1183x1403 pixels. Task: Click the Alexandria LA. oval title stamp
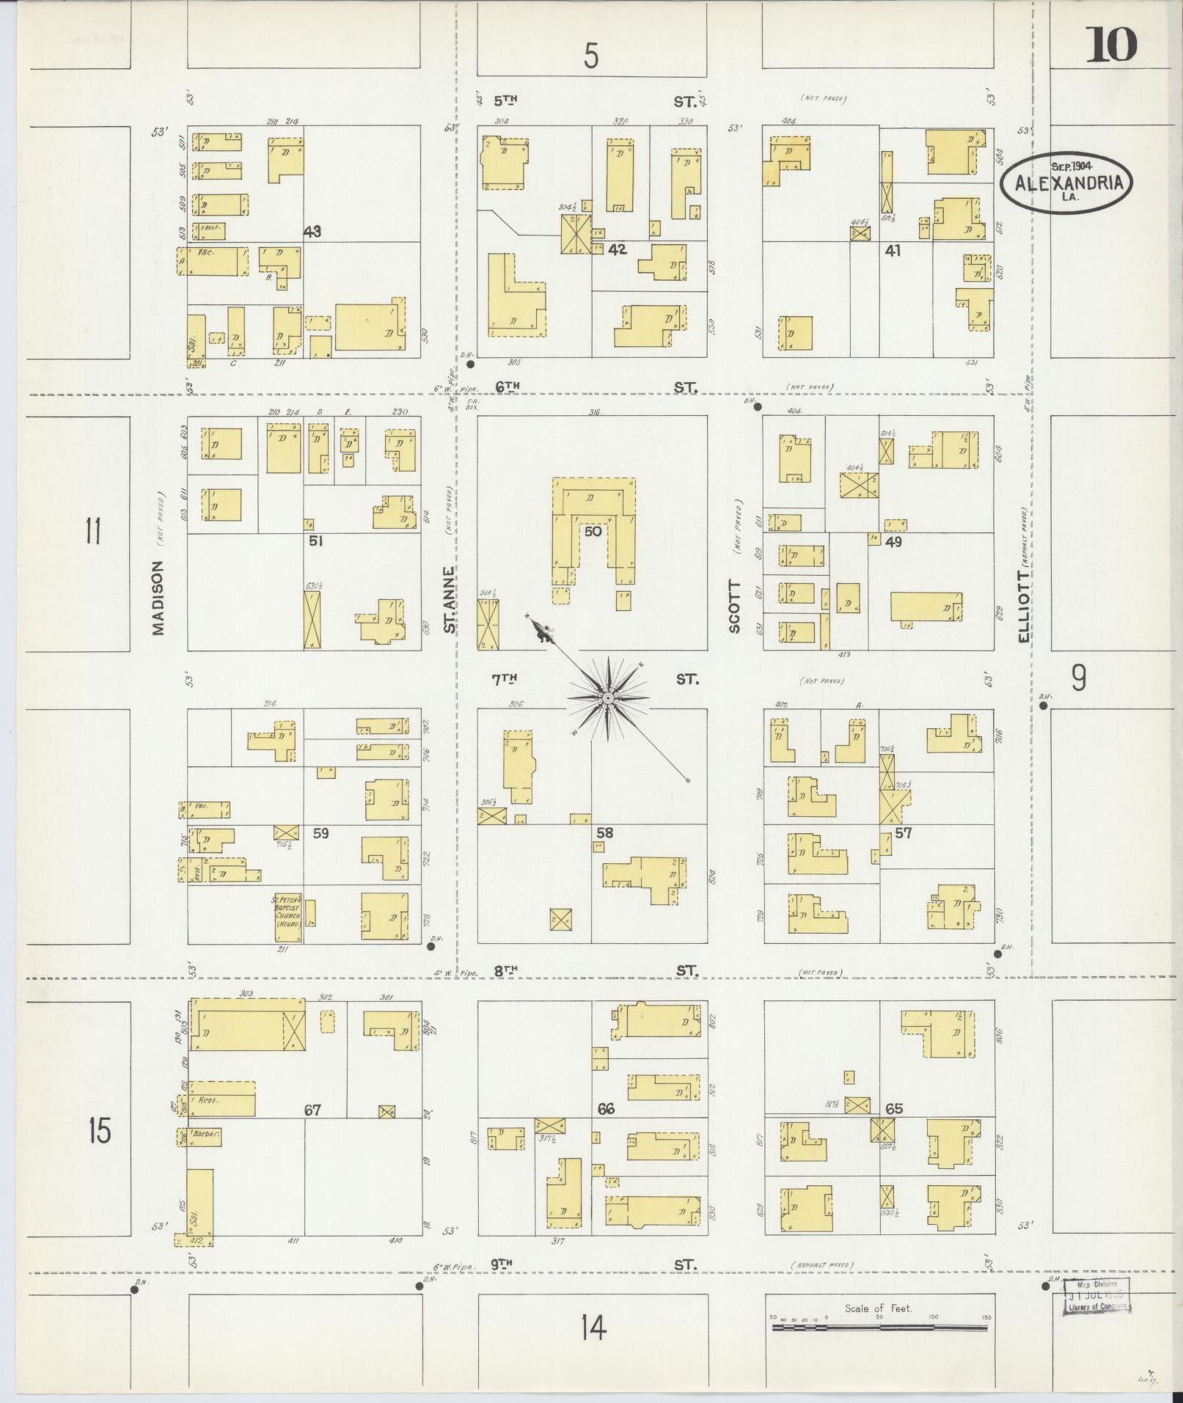(1066, 183)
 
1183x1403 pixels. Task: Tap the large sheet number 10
(1111, 45)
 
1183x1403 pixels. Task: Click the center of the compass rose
(607, 698)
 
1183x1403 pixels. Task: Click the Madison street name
(158, 598)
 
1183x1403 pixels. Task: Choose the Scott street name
(735, 607)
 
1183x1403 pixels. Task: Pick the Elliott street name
(1024, 607)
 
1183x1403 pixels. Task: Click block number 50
(593, 530)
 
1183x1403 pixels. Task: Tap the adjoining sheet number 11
(92, 530)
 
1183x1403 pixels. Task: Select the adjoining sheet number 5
(591, 56)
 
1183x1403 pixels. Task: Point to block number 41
(893, 250)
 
